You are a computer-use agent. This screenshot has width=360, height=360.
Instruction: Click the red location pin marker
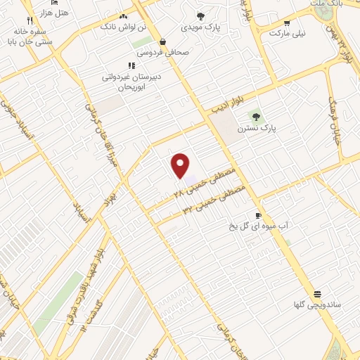(x=181, y=165)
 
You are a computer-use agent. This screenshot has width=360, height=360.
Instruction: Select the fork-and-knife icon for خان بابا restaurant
(x=29, y=21)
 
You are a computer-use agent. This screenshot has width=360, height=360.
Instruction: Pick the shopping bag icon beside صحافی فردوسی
(x=163, y=41)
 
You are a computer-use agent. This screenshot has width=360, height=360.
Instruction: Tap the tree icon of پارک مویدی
(x=200, y=17)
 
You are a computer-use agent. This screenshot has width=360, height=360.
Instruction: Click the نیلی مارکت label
(x=290, y=33)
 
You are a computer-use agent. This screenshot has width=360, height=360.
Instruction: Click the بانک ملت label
(x=326, y=4)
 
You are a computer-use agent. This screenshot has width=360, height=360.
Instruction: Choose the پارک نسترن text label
(x=252, y=129)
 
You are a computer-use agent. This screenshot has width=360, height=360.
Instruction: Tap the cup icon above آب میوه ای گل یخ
(x=259, y=214)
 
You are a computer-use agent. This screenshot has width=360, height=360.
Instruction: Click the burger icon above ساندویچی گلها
(x=317, y=293)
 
